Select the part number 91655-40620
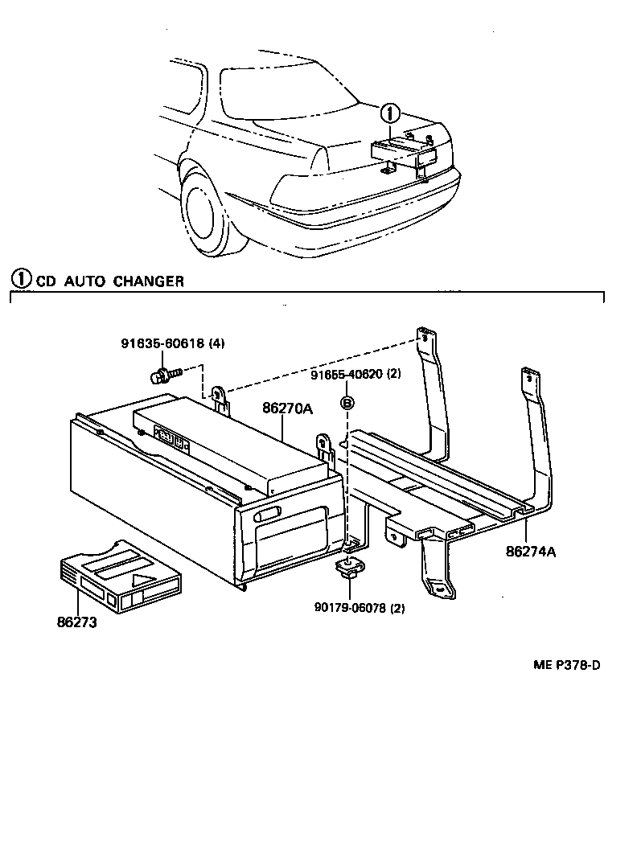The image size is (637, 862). click(x=346, y=374)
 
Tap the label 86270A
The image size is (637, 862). click(x=286, y=408)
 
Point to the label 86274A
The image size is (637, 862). click(x=531, y=552)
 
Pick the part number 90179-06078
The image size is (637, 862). click(x=348, y=608)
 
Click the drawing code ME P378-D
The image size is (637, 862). click(x=566, y=665)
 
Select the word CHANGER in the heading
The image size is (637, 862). click(x=148, y=281)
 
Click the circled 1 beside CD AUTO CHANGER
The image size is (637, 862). click(x=20, y=280)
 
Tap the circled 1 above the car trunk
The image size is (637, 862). click(x=389, y=114)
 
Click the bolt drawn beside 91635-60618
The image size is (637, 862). click(x=164, y=373)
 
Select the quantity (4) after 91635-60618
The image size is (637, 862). click(x=216, y=343)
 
